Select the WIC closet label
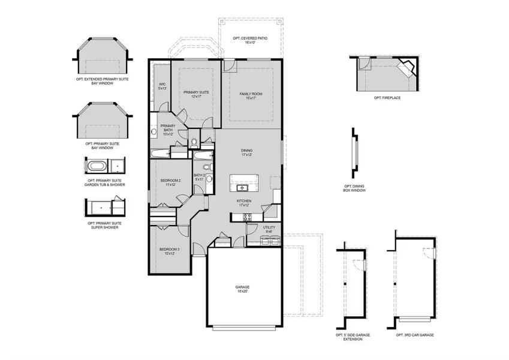coord(162,86)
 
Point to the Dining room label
coord(247,153)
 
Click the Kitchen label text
coord(243,203)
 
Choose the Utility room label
coord(269,229)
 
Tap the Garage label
coord(243,290)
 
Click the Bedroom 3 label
coord(168,251)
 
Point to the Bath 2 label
coord(199,177)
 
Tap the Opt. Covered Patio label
coord(250,40)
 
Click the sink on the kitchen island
coord(246,180)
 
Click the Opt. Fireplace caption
coord(387,97)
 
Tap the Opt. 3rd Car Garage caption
coord(414,335)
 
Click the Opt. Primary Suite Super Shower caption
coord(105,225)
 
